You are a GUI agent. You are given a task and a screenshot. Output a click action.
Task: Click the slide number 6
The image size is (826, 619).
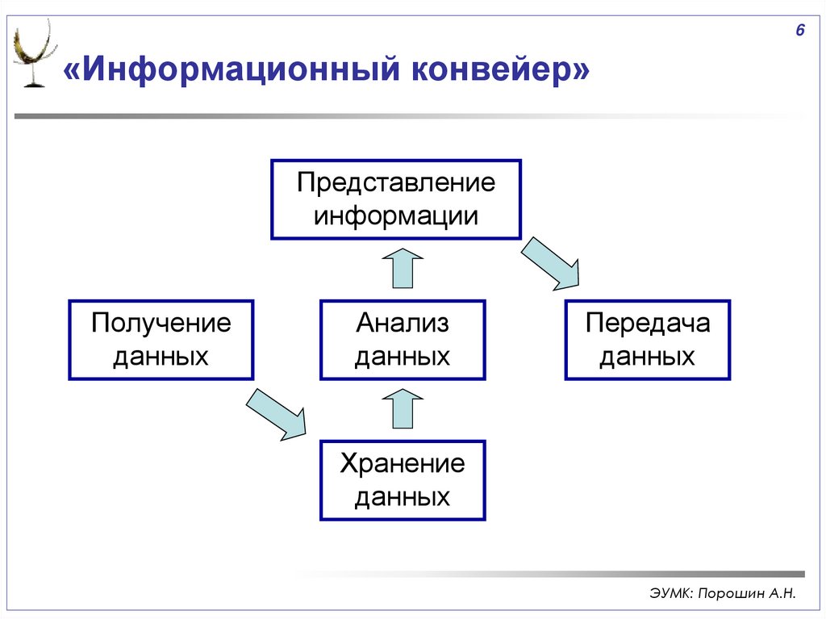pyautogui.click(x=799, y=31)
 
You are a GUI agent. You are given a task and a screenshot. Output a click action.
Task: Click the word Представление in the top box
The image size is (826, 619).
pyautogui.click(x=395, y=182)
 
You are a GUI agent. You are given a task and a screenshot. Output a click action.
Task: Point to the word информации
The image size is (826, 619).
pyautogui.click(x=395, y=216)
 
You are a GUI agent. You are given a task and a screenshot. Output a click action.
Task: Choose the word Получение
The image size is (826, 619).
pyautogui.click(x=161, y=324)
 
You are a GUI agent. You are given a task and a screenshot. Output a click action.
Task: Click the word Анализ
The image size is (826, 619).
pyautogui.click(x=403, y=324)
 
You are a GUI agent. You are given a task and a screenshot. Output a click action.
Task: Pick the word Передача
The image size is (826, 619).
pyautogui.click(x=648, y=324)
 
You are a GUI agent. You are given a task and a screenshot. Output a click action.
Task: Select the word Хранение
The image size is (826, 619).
pyautogui.click(x=403, y=464)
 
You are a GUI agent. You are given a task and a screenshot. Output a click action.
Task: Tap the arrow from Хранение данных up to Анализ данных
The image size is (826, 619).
pyautogui.click(x=402, y=408)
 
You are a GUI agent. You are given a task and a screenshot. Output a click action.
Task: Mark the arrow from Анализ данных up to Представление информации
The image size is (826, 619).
pyautogui.click(x=402, y=269)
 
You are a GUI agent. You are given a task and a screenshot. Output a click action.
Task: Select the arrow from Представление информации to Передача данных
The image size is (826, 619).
pyautogui.click(x=550, y=262)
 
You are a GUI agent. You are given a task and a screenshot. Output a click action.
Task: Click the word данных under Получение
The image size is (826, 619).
pyautogui.click(x=161, y=357)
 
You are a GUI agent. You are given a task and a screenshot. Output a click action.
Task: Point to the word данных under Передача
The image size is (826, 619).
pyautogui.click(x=648, y=357)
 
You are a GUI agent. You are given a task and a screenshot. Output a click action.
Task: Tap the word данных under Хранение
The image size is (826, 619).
pyautogui.click(x=403, y=497)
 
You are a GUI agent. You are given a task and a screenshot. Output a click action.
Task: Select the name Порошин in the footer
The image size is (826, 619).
pyautogui.click(x=728, y=594)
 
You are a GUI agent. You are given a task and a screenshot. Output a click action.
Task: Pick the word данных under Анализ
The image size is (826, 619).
pyautogui.click(x=403, y=357)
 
